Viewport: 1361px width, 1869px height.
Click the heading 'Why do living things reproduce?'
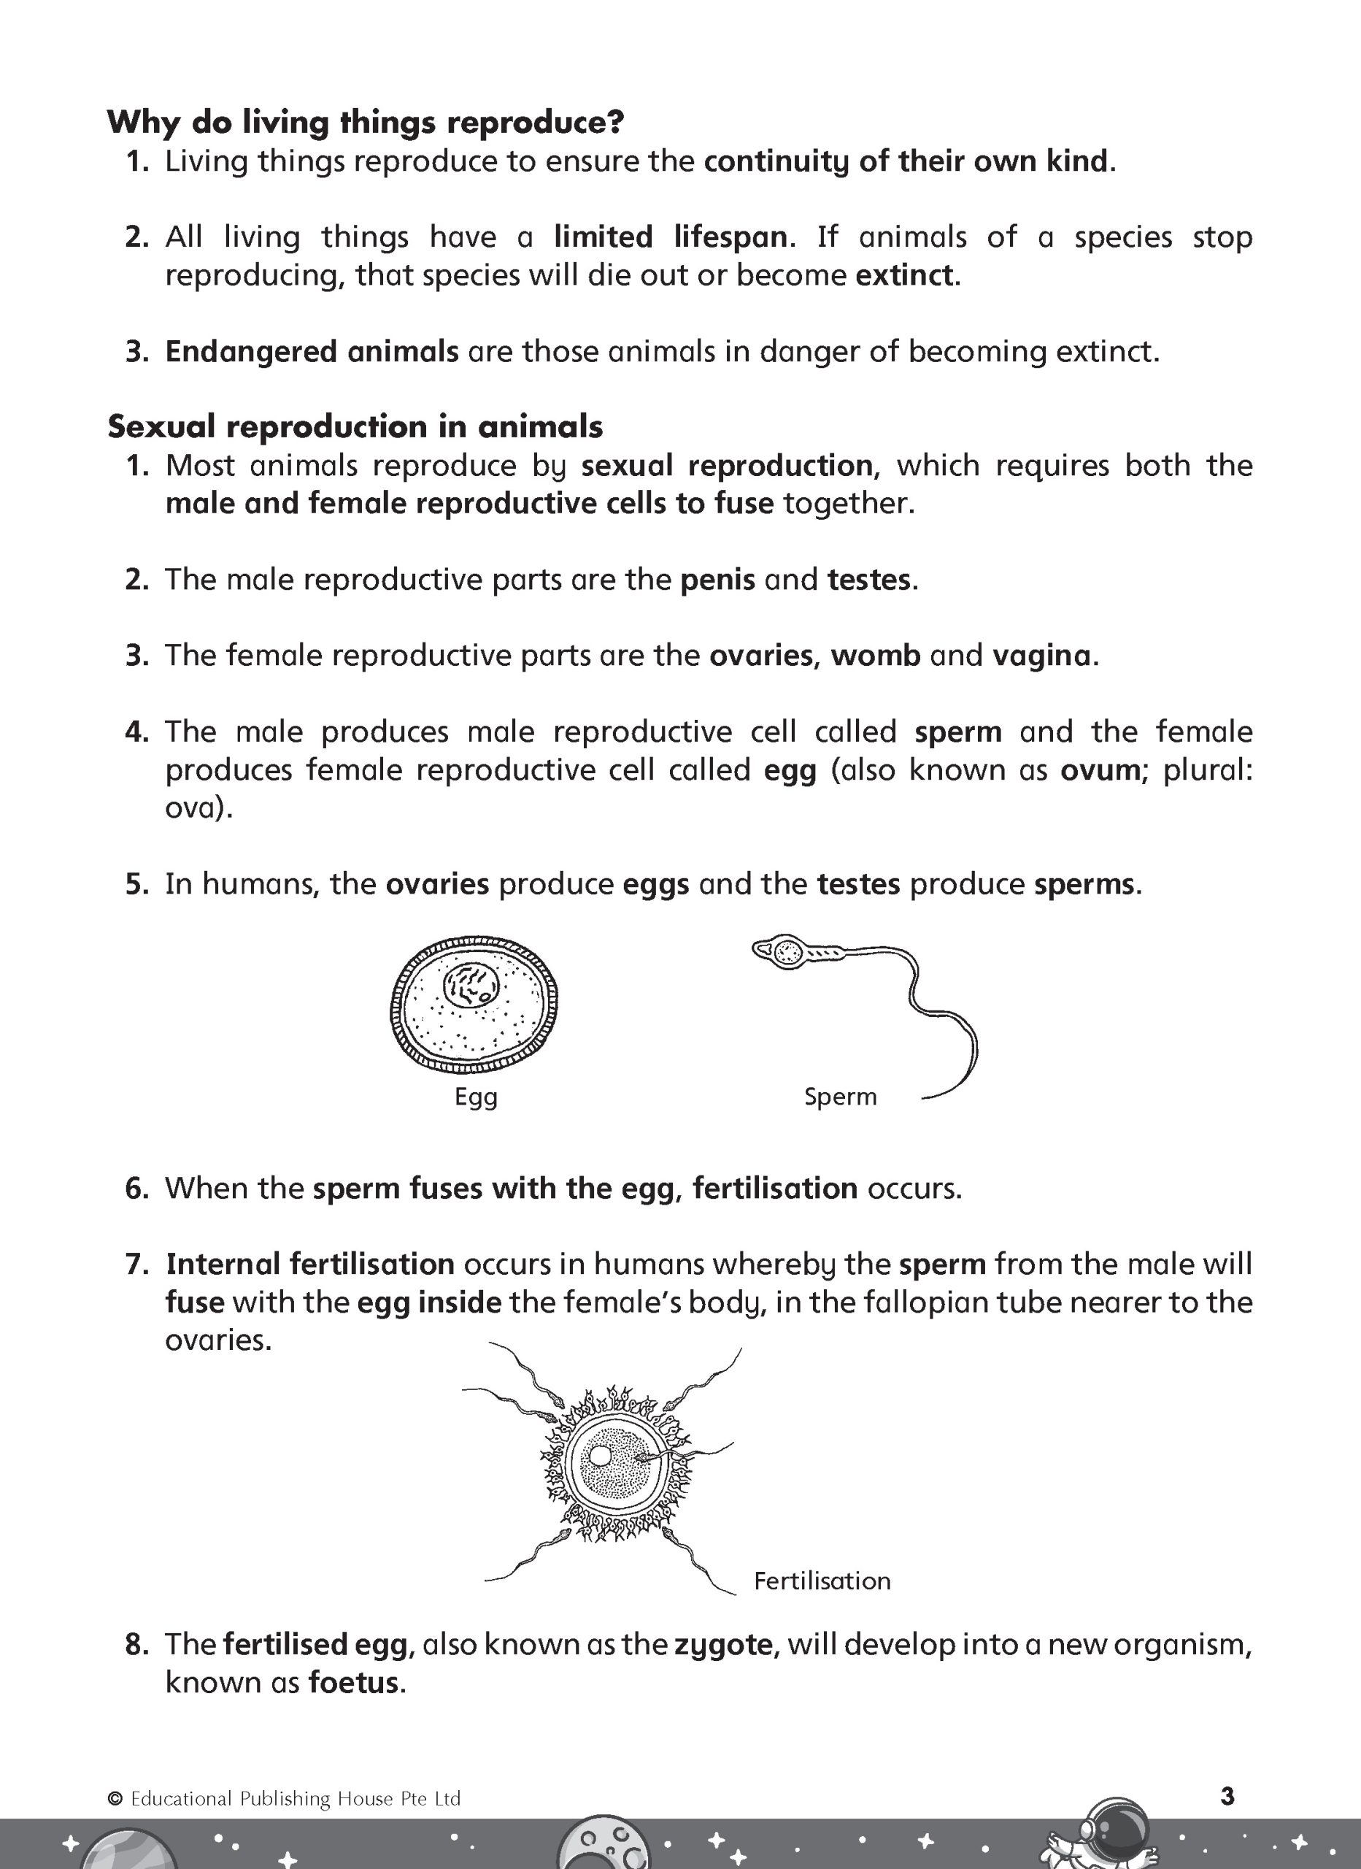pos(365,123)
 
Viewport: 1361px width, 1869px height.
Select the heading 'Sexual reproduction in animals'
pos(355,427)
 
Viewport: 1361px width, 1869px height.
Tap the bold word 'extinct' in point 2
pos(903,275)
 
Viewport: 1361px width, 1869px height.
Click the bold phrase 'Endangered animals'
pos(312,352)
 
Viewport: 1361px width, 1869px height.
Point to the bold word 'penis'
pos(717,580)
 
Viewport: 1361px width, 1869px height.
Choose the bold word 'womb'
pos(875,656)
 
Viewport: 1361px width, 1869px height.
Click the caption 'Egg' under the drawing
pos(477,1097)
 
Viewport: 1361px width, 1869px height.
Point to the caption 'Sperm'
pos(841,1097)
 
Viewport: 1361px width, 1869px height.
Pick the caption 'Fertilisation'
pos(822,1581)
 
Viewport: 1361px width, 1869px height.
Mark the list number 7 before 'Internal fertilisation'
pos(136,1264)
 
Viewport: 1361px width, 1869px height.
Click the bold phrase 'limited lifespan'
pos(670,237)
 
